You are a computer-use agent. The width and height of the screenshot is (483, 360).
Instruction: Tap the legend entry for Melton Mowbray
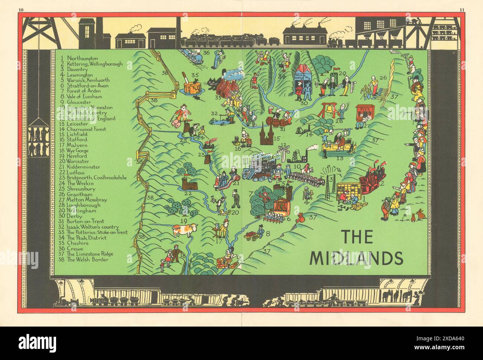83,200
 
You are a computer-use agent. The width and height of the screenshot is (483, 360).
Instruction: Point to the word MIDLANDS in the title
356,257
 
